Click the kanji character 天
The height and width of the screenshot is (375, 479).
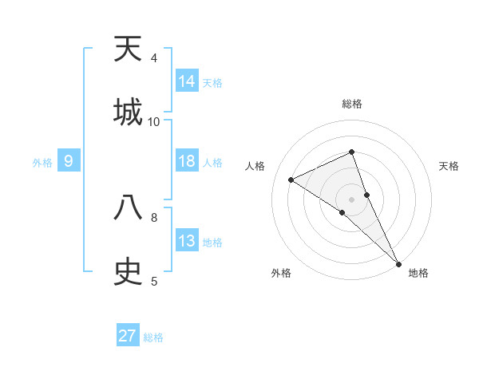[x=128, y=49]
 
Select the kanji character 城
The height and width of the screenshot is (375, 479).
[x=128, y=112]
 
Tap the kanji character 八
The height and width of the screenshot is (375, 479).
[x=128, y=208]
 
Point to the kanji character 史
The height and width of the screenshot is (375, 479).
[x=128, y=271]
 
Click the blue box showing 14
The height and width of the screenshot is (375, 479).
[x=187, y=81]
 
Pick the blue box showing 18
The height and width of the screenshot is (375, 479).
[x=187, y=161]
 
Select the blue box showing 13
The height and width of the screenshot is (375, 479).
[x=187, y=241]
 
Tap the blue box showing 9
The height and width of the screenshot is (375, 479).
[x=69, y=161]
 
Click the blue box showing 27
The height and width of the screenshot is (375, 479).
[x=128, y=336]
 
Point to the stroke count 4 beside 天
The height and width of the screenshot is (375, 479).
[x=154, y=58]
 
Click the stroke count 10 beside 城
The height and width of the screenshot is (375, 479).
[x=154, y=121]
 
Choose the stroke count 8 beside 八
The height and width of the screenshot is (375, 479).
[x=154, y=217]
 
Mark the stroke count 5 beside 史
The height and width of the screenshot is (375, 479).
[x=154, y=281]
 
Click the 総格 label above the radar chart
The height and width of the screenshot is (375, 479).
[x=352, y=104]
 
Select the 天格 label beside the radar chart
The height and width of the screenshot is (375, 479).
[x=449, y=166]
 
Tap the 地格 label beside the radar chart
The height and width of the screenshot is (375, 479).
[x=418, y=273]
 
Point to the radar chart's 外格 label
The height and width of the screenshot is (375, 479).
[x=281, y=273]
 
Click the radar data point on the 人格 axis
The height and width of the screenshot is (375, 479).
[x=291, y=180]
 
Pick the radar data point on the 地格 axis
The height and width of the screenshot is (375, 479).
[x=398, y=262]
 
